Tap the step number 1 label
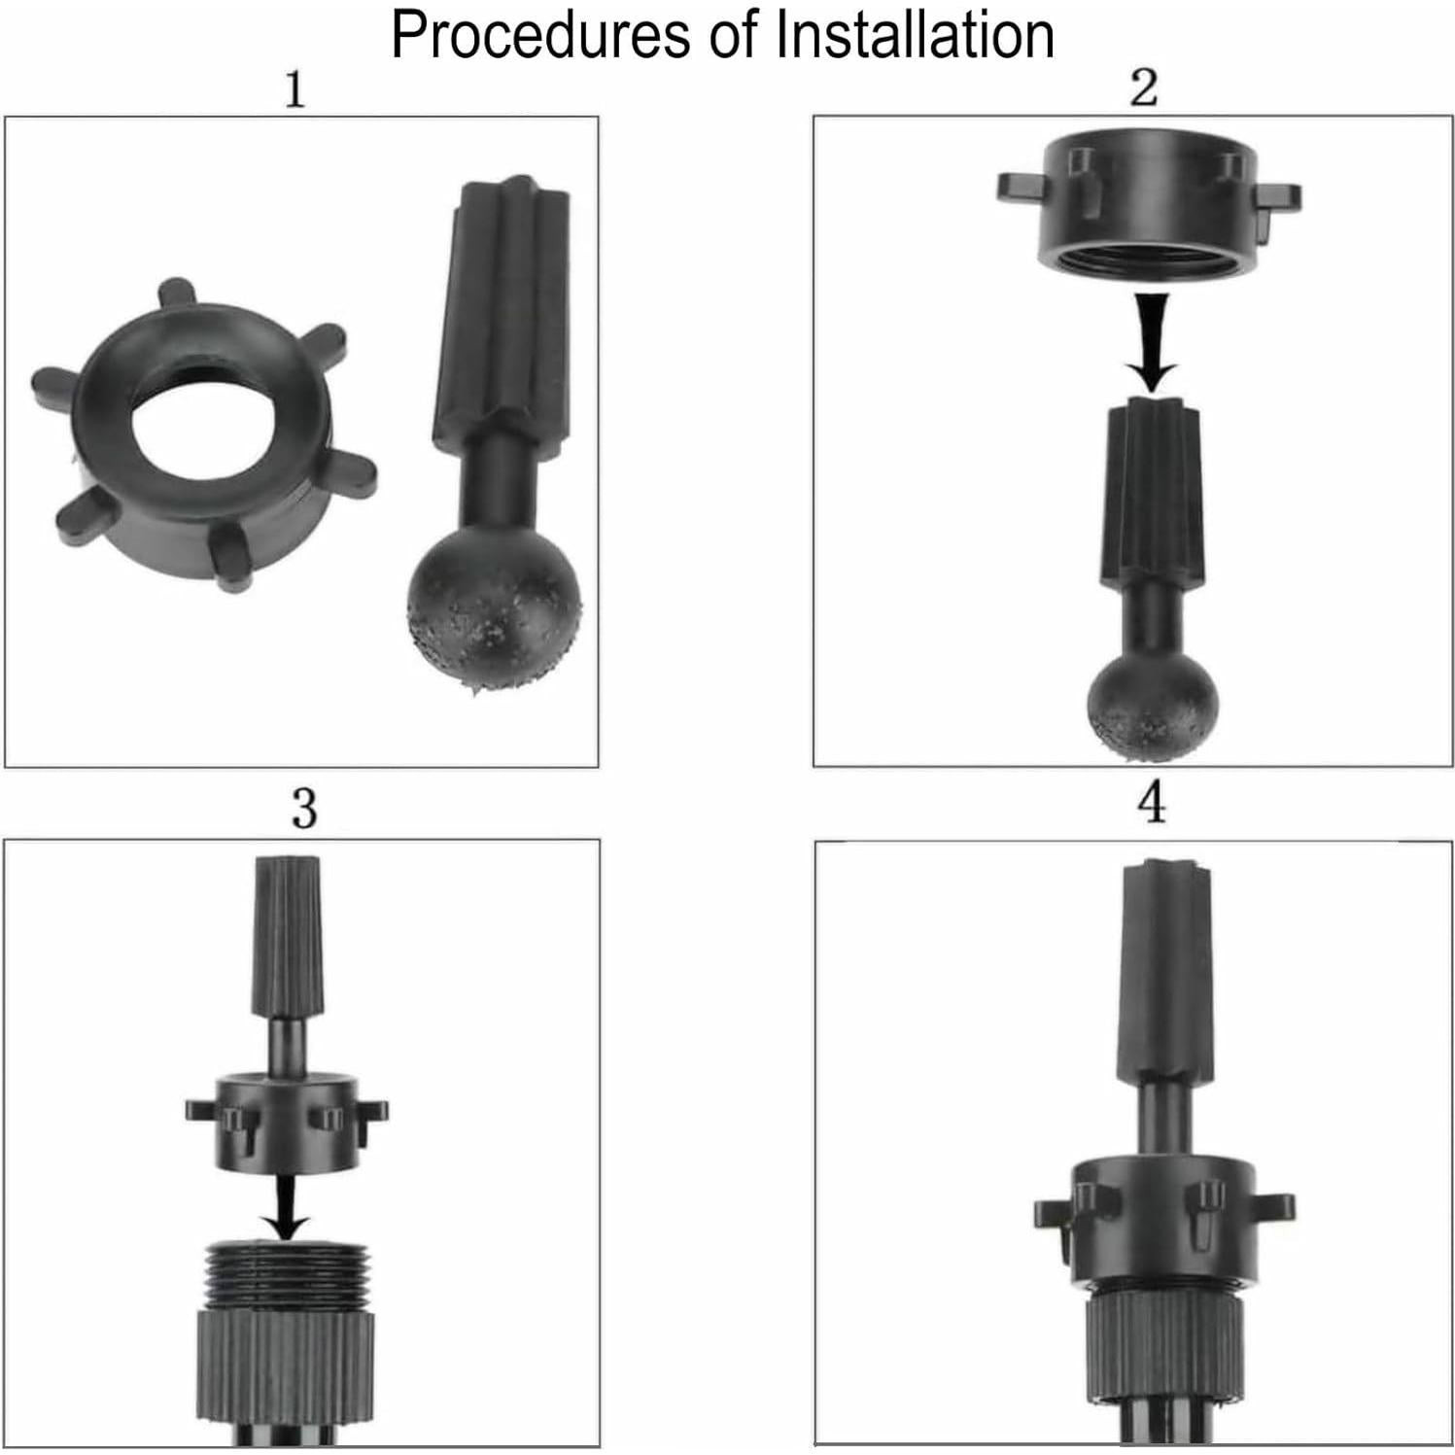(x=294, y=90)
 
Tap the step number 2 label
(x=1144, y=88)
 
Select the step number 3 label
(x=304, y=809)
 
